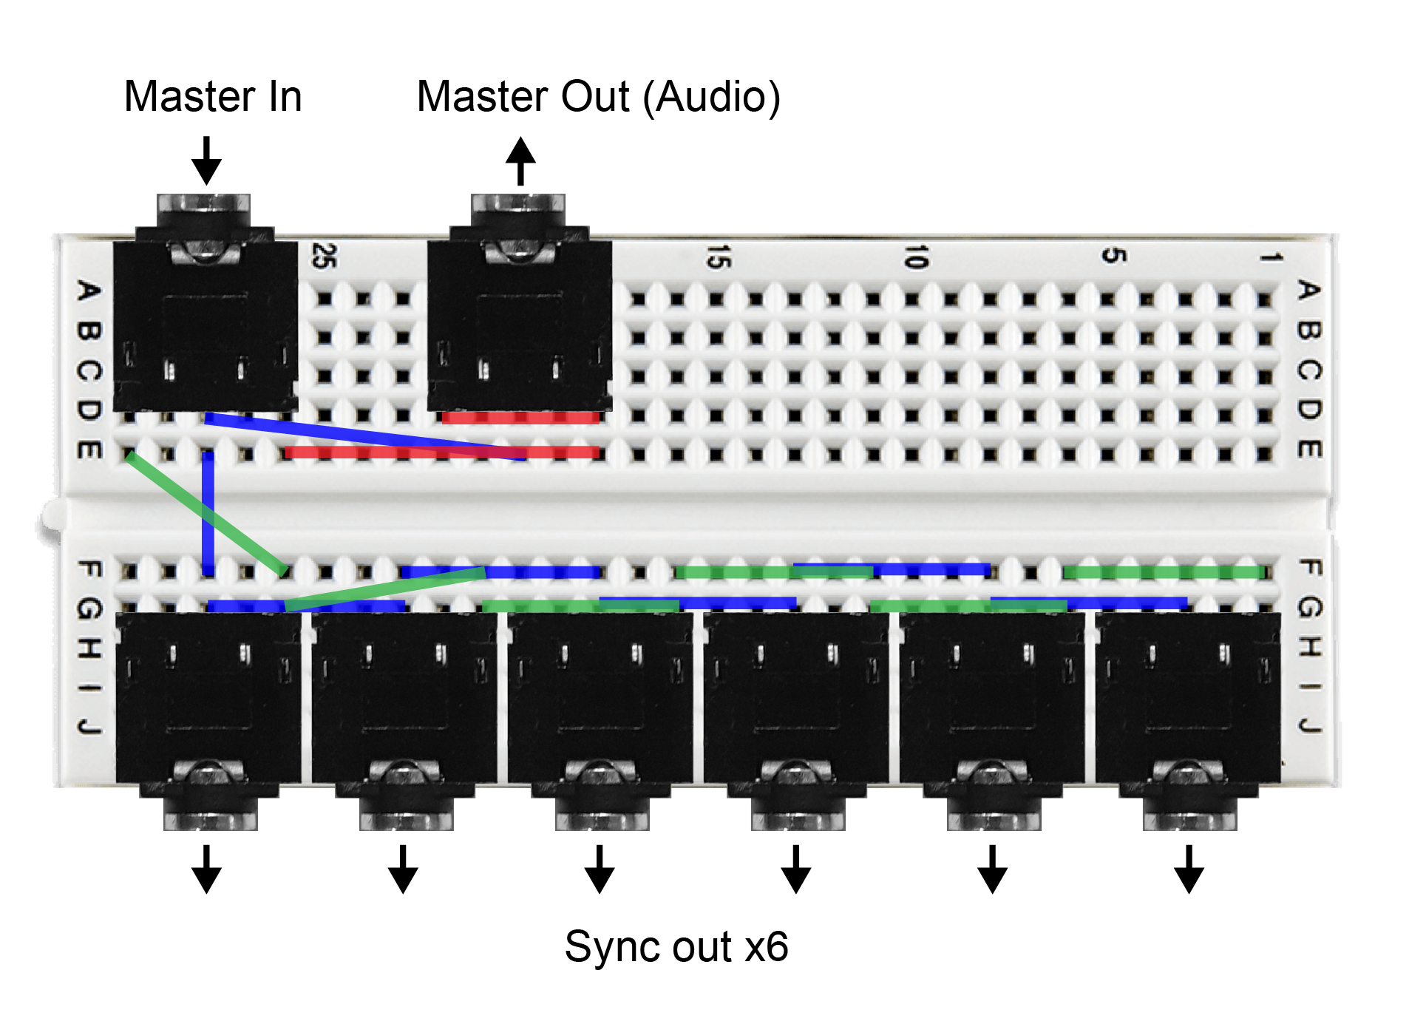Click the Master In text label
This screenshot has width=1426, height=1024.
(213, 97)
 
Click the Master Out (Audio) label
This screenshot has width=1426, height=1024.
(598, 97)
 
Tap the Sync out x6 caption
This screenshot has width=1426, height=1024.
(676, 946)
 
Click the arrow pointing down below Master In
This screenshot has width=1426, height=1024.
(207, 160)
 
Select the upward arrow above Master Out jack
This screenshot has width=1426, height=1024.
(520, 160)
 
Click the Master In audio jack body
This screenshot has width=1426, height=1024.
(205, 325)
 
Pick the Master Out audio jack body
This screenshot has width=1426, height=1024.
(520, 325)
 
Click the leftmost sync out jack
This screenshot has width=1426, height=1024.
(208, 699)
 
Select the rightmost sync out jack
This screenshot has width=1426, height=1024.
(1187, 699)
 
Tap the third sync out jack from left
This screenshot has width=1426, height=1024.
(600, 699)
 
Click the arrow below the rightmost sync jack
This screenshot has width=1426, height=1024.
(1189, 869)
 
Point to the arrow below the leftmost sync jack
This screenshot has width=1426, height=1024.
(207, 869)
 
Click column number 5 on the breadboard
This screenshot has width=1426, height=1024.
(1113, 256)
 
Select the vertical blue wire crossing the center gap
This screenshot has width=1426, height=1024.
(208, 514)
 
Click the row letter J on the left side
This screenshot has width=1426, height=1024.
(89, 727)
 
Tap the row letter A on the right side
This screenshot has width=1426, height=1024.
(1308, 291)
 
